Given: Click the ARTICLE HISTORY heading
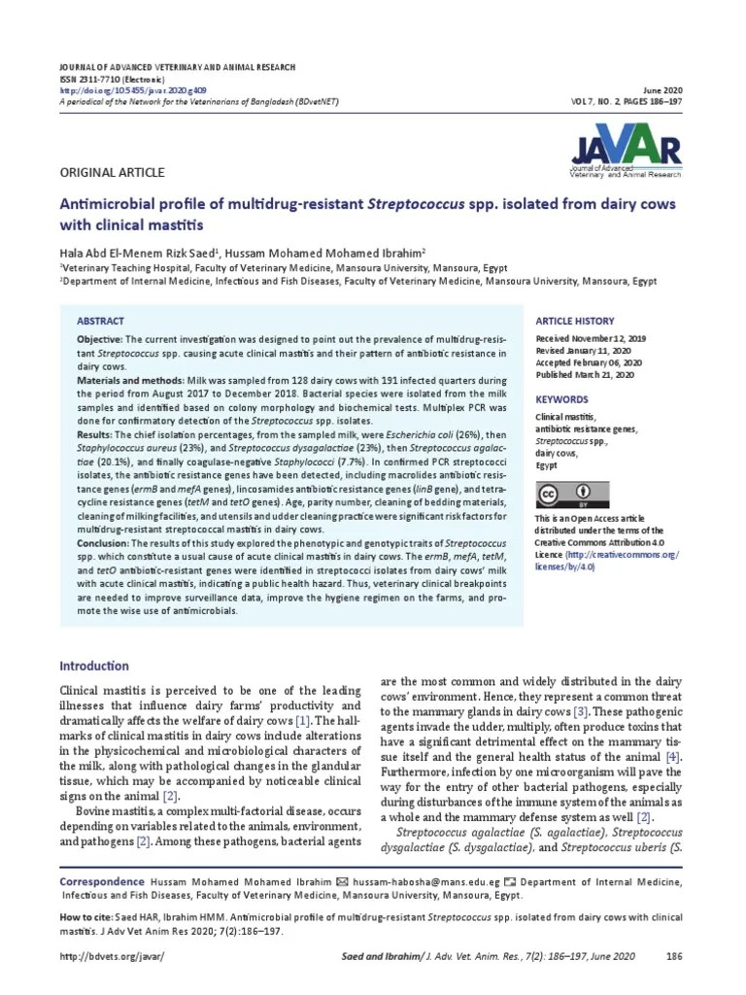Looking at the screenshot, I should tap(574, 321).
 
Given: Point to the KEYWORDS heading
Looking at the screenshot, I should tap(561, 399).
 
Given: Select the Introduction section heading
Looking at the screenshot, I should tap(94, 666).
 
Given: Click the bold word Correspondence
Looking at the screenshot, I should tap(103, 881).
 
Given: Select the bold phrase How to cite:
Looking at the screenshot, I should tap(89, 917).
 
